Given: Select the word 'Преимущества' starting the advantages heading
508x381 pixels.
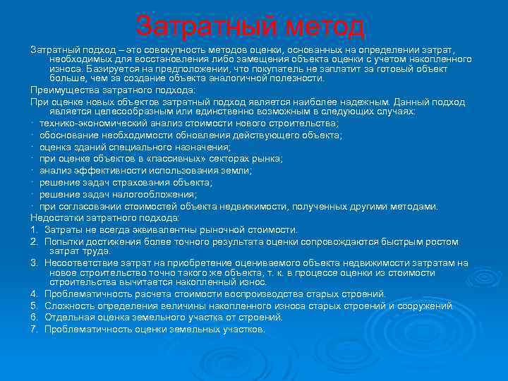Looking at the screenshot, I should (x=61, y=91).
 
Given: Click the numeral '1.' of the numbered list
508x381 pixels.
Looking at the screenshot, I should (x=34, y=230).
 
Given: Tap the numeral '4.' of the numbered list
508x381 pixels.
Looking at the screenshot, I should (x=34, y=294).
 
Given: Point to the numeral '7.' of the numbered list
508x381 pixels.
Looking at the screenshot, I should (x=34, y=329).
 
